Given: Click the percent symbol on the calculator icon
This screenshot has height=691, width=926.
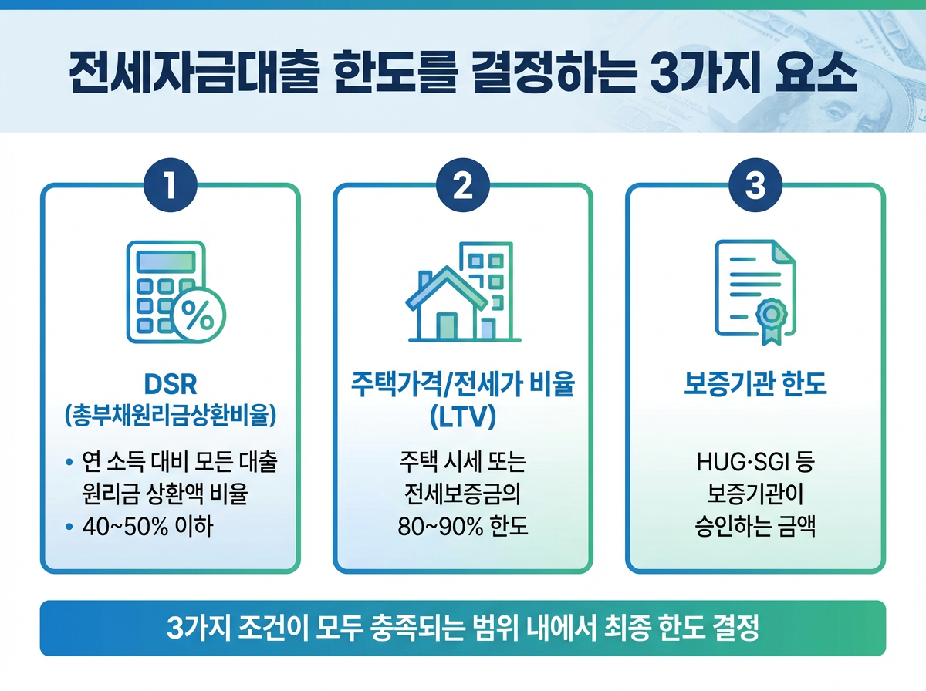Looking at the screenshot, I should pyautogui.click(x=198, y=316).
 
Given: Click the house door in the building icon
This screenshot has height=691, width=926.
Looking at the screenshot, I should pyautogui.click(x=447, y=325).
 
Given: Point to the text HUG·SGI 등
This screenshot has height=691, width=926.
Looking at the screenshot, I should pyautogui.click(x=755, y=464).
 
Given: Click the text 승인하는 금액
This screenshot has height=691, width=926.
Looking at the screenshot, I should pyautogui.click(x=755, y=528).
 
